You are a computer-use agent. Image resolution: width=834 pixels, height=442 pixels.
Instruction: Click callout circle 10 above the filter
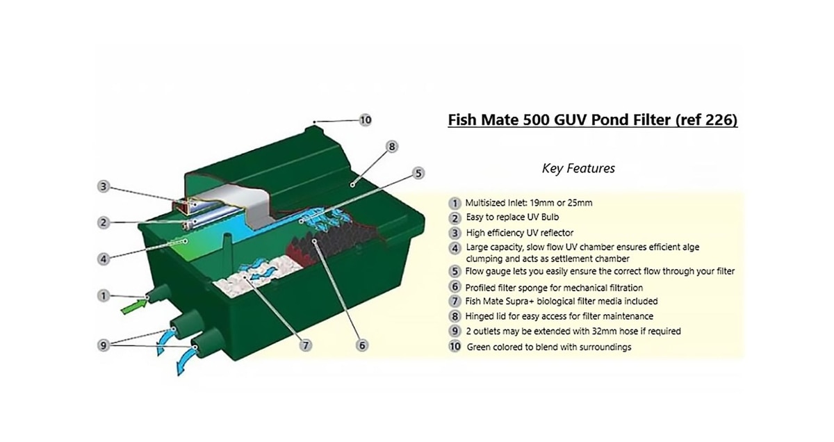(x=366, y=120)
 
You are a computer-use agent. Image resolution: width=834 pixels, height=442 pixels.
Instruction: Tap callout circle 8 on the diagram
(x=392, y=147)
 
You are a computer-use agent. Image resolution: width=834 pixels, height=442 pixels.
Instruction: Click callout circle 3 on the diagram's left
(x=103, y=186)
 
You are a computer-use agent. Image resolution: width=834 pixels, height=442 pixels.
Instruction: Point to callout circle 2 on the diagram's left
(x=103, y=222)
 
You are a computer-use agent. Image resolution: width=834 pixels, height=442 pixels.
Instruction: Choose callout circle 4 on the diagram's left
(x=103, y=259)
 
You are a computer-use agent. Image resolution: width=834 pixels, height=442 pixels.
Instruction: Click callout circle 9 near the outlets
(x=103, y=344)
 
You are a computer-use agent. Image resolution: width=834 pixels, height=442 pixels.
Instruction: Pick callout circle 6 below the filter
(x=362, y=345)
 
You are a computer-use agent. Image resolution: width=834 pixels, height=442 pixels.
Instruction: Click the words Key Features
(x=578, y=168)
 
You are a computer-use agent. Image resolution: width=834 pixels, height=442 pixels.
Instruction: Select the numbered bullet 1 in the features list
(x=455, y=204)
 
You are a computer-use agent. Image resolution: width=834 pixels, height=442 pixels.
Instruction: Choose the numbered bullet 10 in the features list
(x=455, y=346)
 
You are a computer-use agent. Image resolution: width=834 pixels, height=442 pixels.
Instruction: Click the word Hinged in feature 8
(x=480, y=316)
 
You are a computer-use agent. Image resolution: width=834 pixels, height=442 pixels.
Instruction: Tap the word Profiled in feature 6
(x=483, y=287)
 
